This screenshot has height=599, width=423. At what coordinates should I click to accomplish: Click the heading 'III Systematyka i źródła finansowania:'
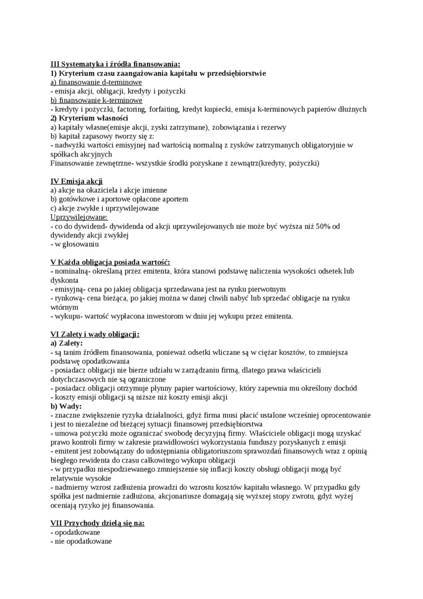coord(115,64)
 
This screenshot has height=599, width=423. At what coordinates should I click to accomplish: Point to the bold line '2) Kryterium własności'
coord(89,118)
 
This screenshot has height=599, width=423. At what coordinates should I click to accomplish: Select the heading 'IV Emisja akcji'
coord(76,181)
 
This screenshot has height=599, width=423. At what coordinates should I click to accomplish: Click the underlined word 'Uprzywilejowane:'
coord(79,217)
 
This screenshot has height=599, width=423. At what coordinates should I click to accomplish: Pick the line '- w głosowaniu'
coord(74,244)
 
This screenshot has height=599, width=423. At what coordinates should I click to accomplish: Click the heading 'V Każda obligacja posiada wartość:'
coord(110,262)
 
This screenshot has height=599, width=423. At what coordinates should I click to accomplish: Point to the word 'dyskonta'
coord(65,280)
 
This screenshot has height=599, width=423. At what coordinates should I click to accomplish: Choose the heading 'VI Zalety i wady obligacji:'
coord(95,334)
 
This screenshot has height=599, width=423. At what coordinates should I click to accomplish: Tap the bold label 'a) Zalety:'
coord(66,343)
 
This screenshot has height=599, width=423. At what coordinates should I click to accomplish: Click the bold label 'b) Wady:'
coord(66,406)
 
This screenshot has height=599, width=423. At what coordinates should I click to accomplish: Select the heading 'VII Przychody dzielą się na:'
coord(97,523)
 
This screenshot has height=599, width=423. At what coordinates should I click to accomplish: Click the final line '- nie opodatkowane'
coord(81,541)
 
